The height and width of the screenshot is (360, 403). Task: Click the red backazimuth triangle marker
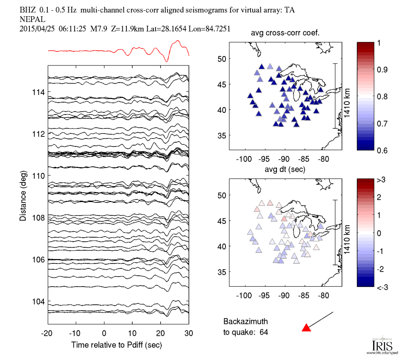[306, 328]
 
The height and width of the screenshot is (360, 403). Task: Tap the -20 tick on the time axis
[47, 334]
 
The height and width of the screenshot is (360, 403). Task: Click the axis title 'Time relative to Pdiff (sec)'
[117, 345]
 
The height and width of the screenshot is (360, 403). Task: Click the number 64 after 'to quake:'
[269, 331]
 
